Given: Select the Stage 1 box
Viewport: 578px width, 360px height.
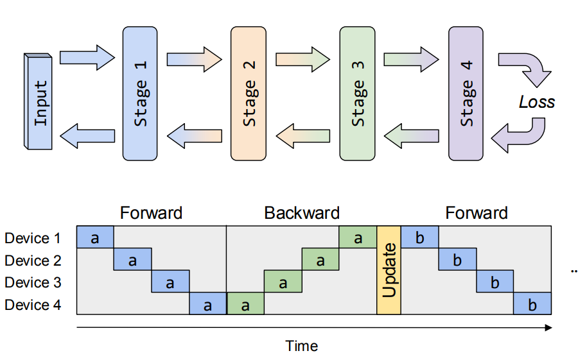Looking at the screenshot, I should point(140,94).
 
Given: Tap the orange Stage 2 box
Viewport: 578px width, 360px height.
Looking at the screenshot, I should point(249,94).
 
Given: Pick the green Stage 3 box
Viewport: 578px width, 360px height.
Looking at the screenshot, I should point(357,94).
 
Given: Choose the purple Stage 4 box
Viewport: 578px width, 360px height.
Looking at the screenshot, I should point(466,94).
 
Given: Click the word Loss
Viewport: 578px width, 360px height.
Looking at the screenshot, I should point(536,102).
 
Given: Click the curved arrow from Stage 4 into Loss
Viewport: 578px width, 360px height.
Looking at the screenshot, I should point(527,67).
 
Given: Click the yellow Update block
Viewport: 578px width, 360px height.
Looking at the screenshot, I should point(389,270).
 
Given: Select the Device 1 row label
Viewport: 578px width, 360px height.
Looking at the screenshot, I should point(37,239).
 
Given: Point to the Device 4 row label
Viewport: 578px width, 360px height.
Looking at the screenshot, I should point(37,305).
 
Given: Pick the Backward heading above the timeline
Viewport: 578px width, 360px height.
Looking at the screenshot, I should point(302,213).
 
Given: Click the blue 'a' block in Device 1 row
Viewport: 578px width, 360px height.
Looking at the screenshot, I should point(95,237).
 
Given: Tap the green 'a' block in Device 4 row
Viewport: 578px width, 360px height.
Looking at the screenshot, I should point(245,304).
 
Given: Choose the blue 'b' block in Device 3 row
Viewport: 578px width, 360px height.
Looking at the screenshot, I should point(495,281).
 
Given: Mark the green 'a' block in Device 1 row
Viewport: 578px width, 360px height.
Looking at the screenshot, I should point(358,237).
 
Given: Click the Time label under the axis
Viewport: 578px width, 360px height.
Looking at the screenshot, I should point(302,347).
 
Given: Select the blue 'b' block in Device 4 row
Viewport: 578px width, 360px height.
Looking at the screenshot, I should point(532,304).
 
